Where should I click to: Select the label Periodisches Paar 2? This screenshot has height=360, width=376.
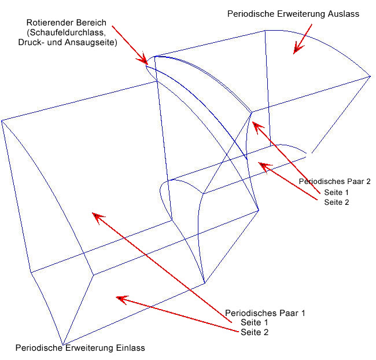pos(334,181)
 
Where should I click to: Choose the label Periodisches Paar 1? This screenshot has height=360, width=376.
pos(264,313)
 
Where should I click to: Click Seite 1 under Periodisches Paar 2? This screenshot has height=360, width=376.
pos(337,192)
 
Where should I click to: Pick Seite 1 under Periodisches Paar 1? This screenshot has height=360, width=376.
pos(255,322)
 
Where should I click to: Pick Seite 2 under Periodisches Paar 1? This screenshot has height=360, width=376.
pos(255,332)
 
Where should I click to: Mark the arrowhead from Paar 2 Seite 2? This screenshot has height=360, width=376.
pos(261,164)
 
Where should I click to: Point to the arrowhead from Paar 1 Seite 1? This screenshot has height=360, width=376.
pos(94,215)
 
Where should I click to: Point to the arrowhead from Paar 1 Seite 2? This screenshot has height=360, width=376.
pos(118,298)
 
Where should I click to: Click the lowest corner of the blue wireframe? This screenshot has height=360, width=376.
pos(63,343)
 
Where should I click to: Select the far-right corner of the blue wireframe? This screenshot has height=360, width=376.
pos(370,76)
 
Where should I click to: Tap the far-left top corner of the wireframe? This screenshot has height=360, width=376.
pos(2,120)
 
